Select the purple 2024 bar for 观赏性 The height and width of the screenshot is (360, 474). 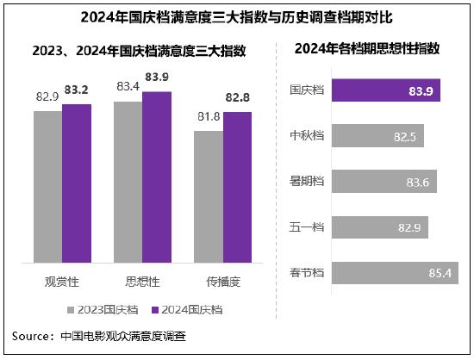[x=76, y=185]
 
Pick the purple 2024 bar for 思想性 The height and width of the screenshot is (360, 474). [x=156, y=179]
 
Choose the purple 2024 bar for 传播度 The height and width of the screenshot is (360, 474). [x=237, y=189]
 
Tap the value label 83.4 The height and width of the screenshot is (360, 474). [x=128, y=87]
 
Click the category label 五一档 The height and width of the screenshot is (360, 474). [x=306, y=228]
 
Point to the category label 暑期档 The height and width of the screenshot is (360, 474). [x=306, y=183]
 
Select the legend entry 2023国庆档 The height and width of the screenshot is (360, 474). [x=101, y=309]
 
